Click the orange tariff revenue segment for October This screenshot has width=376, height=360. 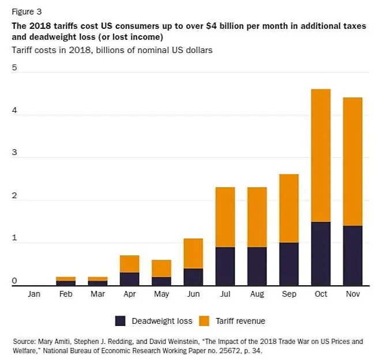(321, 156)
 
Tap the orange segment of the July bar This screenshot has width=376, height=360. (225, 217)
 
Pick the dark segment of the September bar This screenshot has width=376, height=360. (289, 264)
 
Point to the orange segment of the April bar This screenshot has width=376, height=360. (129, 264)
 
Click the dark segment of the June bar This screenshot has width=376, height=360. (193, 276)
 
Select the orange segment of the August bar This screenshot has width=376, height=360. (257, 217)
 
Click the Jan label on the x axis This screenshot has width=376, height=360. (33, 294)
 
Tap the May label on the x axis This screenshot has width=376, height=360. (161, 294)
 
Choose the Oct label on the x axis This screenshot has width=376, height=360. (321, 294)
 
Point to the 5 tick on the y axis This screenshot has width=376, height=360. (15, 68)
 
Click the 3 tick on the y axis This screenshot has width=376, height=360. (15, 154)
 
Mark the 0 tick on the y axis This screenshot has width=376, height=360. (15, 282)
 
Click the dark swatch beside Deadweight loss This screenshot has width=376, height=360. (121, 321)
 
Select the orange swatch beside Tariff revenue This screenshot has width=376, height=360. (204, 321)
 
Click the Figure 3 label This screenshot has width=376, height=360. (27, 12)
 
